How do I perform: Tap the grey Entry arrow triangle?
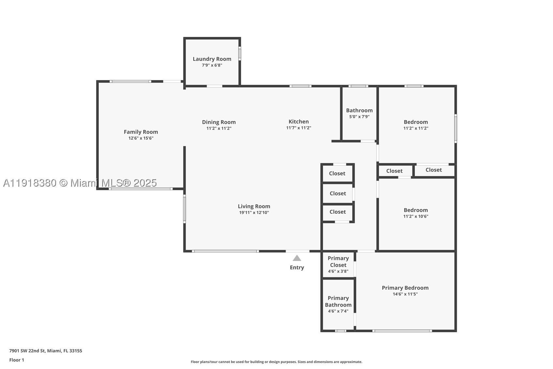click(x=297, y=258)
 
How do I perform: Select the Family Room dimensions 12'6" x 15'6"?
click(x=141, y=138)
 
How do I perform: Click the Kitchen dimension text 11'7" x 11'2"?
click(x=298, y=128)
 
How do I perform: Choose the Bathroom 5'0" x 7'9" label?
click(x=359, y=113)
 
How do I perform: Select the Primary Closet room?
click(x=338, y=265)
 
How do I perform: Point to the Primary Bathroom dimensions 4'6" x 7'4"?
click(x=338, y=311)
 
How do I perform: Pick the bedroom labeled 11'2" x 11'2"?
click(x=416, y=125)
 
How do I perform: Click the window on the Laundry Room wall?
click(x=240, y=54)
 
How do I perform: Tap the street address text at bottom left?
click(x=46, y=351)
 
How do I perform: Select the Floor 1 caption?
click(x=17, y=360)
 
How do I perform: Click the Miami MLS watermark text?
click(x=80, y=183)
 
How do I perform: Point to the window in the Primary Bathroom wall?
click(x=341, y=331)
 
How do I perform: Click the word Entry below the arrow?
click(x=297, y=268)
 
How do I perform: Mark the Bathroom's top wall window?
click(x=358, y=86)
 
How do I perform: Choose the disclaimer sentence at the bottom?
click(x=276, y=362)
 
